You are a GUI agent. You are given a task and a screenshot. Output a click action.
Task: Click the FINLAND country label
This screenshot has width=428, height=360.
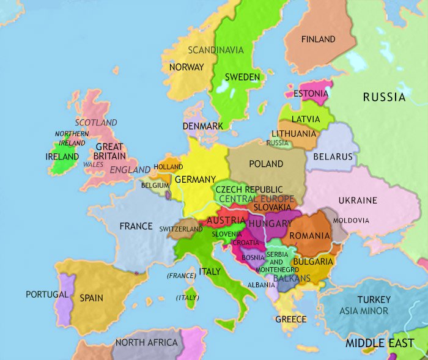pyautogui.click(x=318, y=39)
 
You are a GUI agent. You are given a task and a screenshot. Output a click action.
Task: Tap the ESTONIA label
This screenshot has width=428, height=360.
pyautogui.click(x=311, y=94)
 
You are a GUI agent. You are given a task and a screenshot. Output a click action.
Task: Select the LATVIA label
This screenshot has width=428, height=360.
pyautogui.click(x=306, y=119)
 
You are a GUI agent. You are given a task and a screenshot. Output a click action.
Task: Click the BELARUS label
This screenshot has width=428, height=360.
pyautogui.click(x=333, y=156)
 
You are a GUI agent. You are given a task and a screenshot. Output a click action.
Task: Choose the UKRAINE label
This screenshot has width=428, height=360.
pyautogui.click(x=358, y=200)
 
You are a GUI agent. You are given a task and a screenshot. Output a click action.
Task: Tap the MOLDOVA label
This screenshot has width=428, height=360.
pyautogui.click(x=351, y=220)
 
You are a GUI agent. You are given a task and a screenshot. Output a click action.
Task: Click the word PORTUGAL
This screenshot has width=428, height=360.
pyautogui.click(x=47, y=294)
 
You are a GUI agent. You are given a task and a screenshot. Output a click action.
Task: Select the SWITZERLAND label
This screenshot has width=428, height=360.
pyautogui.click(x=181, y=229)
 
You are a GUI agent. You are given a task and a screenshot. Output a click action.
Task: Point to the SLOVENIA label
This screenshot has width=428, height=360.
pyautogui.click(x=227, y=233)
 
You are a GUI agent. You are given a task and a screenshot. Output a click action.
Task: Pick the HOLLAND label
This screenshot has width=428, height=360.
pyautogui.click(x=168, y=167)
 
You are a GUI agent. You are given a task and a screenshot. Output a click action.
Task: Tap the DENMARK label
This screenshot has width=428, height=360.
pyautogui.click(x=202, y=126)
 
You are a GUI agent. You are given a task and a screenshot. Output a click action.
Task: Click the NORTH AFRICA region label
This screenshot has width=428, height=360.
pyautogui.click(x=146, y=342)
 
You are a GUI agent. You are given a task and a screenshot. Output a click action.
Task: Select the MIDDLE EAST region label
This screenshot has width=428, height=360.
pyautogui.click(x=379, y=343)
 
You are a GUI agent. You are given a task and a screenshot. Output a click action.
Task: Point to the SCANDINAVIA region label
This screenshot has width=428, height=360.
pyautogui.click(x=216, y=50)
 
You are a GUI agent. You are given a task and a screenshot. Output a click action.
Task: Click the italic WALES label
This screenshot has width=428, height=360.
pyautogui.click(x=93, y=164)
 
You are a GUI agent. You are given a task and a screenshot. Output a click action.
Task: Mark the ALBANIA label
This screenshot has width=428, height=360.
pyautogui.click(x=261, y=285)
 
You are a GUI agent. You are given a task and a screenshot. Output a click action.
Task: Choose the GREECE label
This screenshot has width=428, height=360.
pyautogui.click(x=291, y=319)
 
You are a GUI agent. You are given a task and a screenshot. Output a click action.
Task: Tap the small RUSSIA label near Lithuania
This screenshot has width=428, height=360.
pyautogui.click(x=277, y=143)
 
